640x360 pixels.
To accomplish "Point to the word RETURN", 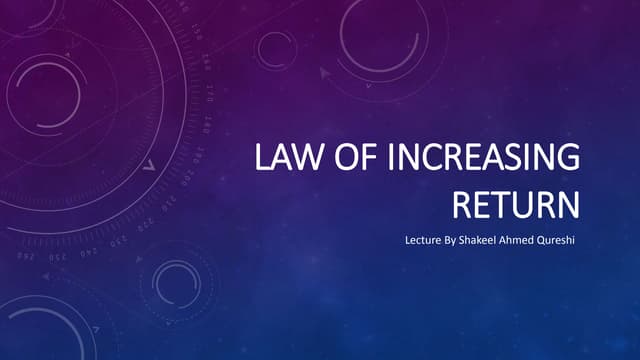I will click(x=516, y=205).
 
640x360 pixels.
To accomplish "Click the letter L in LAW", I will click(x=262, y=159).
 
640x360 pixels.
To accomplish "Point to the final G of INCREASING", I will click(x=568, y=159).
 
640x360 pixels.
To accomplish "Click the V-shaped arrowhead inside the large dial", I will click(x=148, y=166).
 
